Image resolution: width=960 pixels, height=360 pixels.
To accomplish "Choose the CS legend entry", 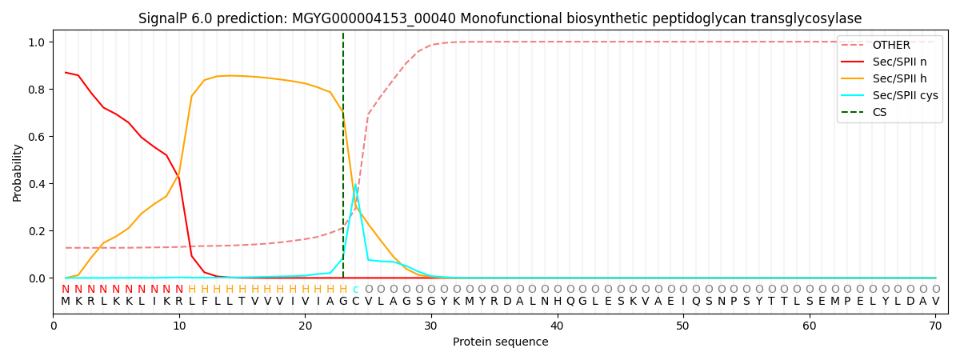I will tap(879, 112).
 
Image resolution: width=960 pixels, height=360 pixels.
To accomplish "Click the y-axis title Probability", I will tap(18, 172).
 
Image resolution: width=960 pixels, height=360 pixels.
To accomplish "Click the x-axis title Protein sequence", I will tap(500, 342).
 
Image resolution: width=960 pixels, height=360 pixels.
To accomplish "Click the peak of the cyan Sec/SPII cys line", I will tap(355, 186).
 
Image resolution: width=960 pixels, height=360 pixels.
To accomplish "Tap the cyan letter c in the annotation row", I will tap(355, 290).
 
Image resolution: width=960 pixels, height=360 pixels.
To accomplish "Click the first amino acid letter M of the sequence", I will tap(66, 302).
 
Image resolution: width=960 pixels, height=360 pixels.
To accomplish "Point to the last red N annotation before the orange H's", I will tap(179, 290).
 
